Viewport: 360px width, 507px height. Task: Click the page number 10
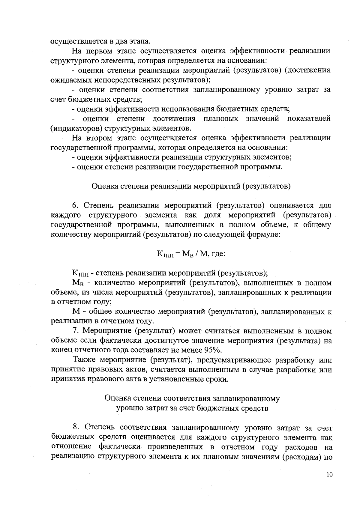329,475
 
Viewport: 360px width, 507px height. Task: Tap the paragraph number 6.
75,206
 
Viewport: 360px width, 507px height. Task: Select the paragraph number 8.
76,427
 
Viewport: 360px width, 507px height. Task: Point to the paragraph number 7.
75,331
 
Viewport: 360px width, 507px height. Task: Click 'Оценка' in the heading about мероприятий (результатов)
104,186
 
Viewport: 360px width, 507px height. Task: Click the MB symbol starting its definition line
78,283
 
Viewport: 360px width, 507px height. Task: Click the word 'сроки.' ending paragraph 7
215,379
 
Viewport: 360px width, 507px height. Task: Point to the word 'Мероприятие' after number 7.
106,331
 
